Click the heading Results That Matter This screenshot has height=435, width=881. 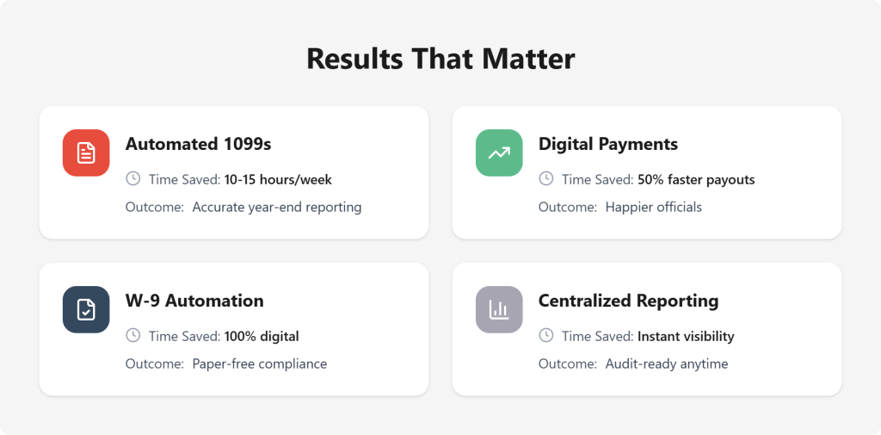440,59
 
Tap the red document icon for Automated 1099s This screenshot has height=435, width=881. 86,152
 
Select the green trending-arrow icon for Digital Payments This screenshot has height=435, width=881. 499,152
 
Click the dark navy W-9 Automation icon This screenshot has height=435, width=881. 86,309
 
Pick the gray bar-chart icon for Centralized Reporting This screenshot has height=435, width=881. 499,309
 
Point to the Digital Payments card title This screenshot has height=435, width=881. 608,144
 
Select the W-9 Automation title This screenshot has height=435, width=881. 194,301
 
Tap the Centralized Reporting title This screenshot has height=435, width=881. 628,301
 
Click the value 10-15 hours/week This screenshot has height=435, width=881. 278,179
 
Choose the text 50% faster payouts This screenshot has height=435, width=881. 696,179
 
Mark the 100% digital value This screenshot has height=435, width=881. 262,336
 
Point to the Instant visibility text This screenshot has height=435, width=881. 686,336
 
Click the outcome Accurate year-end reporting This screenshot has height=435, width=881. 277,207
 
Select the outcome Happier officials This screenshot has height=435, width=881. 654,207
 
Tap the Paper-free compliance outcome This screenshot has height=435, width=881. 260,364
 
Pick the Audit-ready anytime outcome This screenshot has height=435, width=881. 667,364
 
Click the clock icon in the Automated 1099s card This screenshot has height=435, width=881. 132,178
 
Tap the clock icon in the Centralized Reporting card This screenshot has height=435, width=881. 545,335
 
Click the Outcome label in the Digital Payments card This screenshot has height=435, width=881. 567,207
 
